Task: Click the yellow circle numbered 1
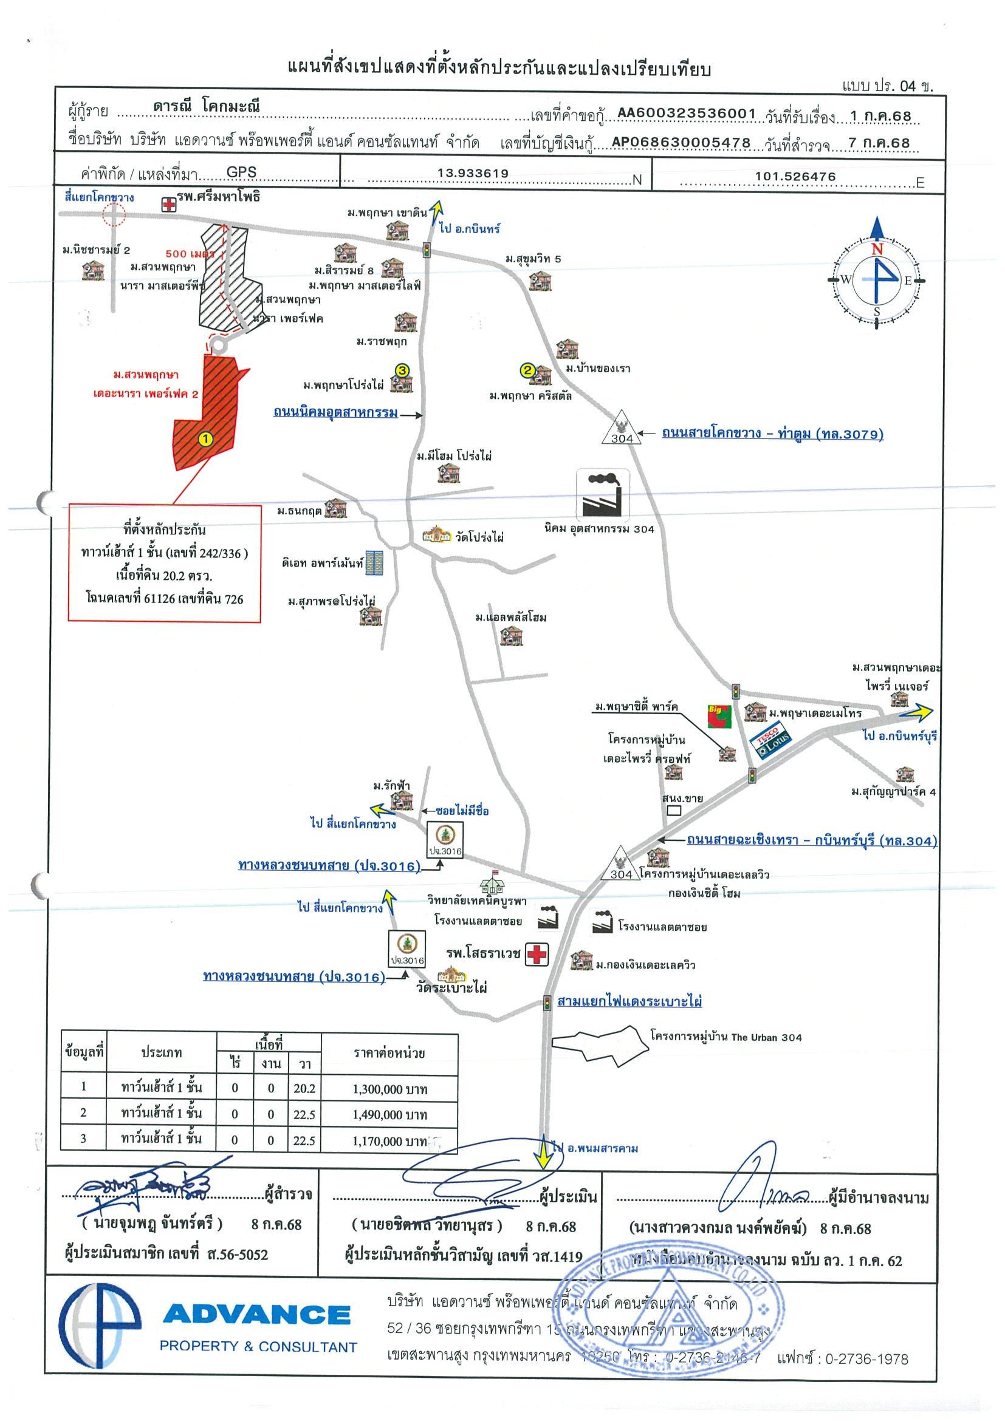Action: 205,439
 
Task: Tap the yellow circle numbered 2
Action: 527,370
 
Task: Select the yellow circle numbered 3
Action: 402,370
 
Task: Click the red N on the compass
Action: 877,250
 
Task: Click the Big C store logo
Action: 720,716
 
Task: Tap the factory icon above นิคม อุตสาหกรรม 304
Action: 603,493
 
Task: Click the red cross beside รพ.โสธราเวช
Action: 537,954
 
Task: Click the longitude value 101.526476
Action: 795,176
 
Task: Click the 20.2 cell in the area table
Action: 304,1089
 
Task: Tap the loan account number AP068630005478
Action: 681,143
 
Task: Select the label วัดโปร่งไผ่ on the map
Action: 479,537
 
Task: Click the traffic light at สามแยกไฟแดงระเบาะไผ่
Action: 547,1002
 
